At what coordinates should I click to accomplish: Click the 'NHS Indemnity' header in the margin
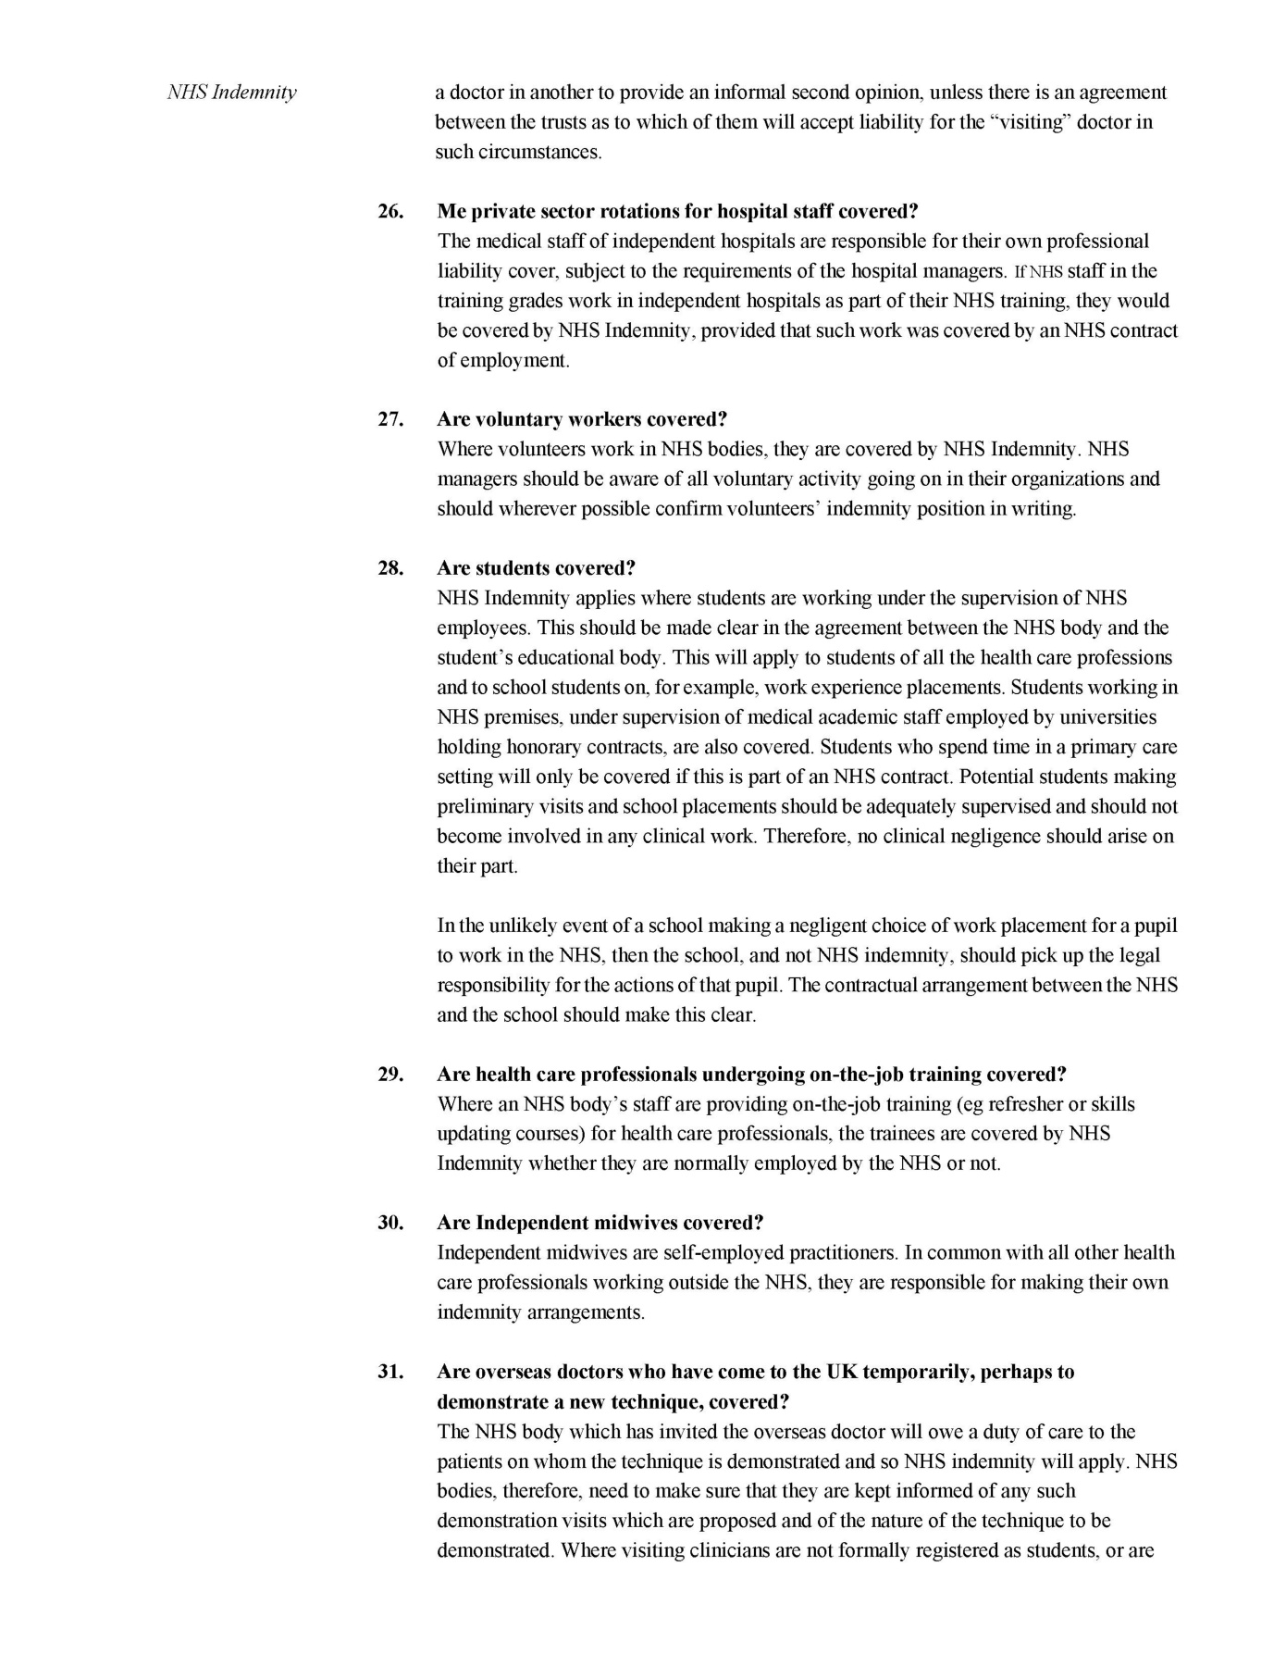[x=231, y=93]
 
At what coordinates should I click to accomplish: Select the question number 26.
[x=390, y=211]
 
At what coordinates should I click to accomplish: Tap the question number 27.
[x=390, y=419]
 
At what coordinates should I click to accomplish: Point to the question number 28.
[x=390, y=568]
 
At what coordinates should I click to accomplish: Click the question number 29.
[x=390, y=1075]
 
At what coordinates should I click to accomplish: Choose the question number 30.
[x=390, y=1223]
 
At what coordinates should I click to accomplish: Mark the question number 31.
[x=390, y=1372]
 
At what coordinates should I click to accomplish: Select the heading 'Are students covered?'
[x=536, y=568]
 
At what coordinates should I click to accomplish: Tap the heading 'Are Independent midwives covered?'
[x=600, y=1223]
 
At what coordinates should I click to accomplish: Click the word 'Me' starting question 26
[x=451, y=211]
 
